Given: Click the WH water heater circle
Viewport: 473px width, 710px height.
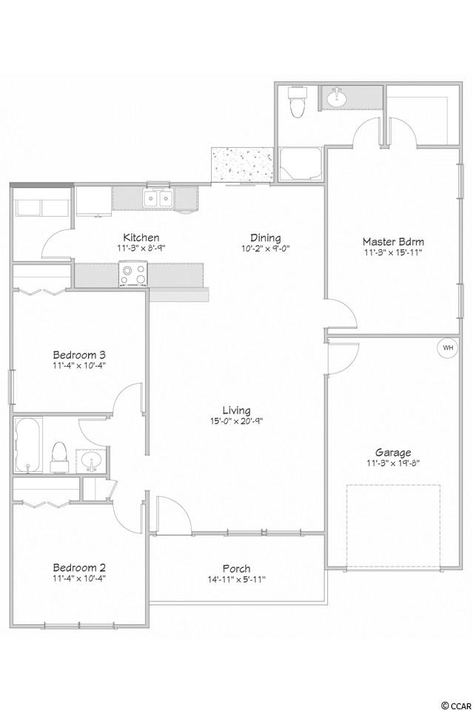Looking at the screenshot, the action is click(x=448, y=348).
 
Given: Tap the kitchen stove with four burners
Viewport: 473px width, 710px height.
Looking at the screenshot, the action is click(x=134, y=274).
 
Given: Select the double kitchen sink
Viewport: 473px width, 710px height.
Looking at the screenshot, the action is click(x=158, y=198).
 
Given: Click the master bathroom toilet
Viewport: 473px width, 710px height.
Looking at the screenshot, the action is click(x=298, y=101).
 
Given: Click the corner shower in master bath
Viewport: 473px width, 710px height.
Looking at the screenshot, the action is click(x=300, y=164).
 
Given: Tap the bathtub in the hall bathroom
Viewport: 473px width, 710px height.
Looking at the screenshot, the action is click(x=29, y=445).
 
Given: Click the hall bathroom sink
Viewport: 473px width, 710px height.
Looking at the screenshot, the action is click(x=91, y=461).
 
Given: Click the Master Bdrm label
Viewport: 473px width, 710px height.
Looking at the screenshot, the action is click(x=393, y=241).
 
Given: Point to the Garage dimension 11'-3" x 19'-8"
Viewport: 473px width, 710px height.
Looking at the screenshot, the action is click(x=393, y=463).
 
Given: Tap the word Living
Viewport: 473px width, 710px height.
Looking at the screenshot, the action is click(x=237, y=410).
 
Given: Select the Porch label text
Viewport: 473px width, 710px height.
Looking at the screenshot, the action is click(x=237, y=568).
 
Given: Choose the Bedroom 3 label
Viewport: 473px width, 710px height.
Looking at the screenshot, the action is click(x=79, y=354).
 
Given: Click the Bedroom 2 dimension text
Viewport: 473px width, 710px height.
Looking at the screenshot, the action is click(x=79, y=578).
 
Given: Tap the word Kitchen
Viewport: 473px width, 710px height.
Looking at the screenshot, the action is click(x=141, y=237).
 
